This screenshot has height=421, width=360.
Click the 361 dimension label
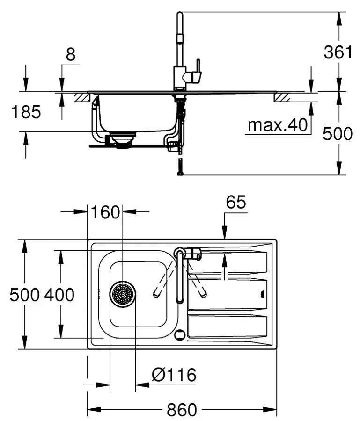(338, 52)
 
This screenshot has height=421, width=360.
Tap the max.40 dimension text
(278, 125)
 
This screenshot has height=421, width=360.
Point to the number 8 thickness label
(70, 55)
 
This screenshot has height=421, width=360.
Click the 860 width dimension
(182, 410)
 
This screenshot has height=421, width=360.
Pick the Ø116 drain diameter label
(174, 374)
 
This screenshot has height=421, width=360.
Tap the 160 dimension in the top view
(106, 212)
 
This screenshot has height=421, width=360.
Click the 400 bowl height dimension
(59, 295)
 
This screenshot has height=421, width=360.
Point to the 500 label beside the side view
(338, 134)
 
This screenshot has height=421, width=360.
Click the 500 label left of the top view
(23, 295)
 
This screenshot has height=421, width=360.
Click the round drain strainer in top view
(123, 294)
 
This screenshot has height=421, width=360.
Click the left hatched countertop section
(82, 97)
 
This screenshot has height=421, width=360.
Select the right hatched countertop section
(282, 97)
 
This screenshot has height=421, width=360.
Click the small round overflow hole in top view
(179, 334)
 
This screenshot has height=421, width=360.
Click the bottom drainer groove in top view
(227, 326)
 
